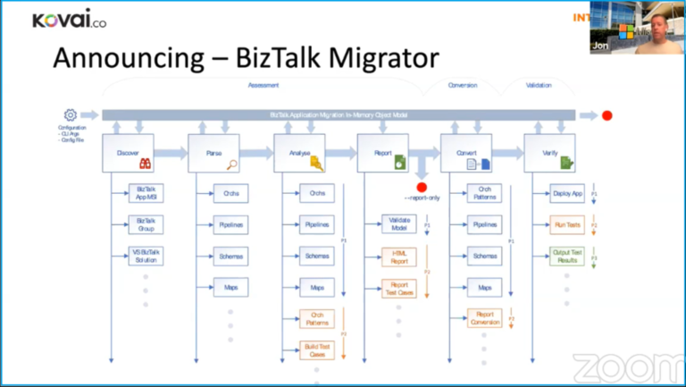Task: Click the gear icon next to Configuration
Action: (x=70, y=115)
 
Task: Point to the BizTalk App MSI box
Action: (x=146, y=194)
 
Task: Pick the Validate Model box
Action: (x=399, y=224)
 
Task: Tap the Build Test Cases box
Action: (x=316, y=349)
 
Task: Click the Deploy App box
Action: (x=567, y=194)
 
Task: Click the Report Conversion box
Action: (x=485, y=318)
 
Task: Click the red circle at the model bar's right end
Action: (x=607, y=115)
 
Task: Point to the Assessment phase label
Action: (x=263, y=86)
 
